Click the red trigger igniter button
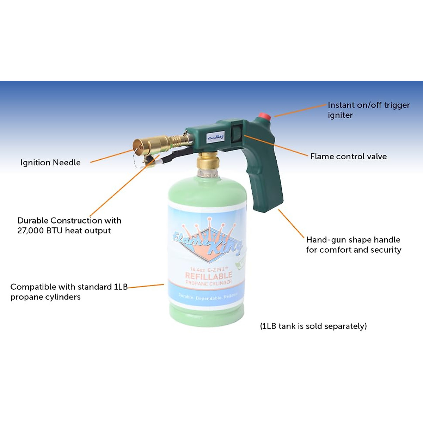click(x=264, y=116)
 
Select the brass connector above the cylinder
click(x=208, y=161)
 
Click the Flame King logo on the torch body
click(x=215, y=137)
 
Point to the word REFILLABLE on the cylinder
click(x=209, y=276)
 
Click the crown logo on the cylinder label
click(x=208, y=240)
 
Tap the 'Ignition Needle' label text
click(x=50, y=163)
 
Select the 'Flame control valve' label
click(x=348, y=157)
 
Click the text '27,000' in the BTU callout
click(x=31, y=231)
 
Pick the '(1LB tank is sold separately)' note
click(x=313, y=326)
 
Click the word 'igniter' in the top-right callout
click(x=340, y=115)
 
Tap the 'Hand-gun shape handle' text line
click(x=353, y=240)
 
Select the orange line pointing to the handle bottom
click(x=291, y=223)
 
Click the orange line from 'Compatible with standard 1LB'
click(x=146, y=286)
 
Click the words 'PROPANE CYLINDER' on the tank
click(x=209, y=283)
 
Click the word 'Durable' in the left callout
click(x=33, y=221)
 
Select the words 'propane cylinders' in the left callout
click(x=45, y=297)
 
